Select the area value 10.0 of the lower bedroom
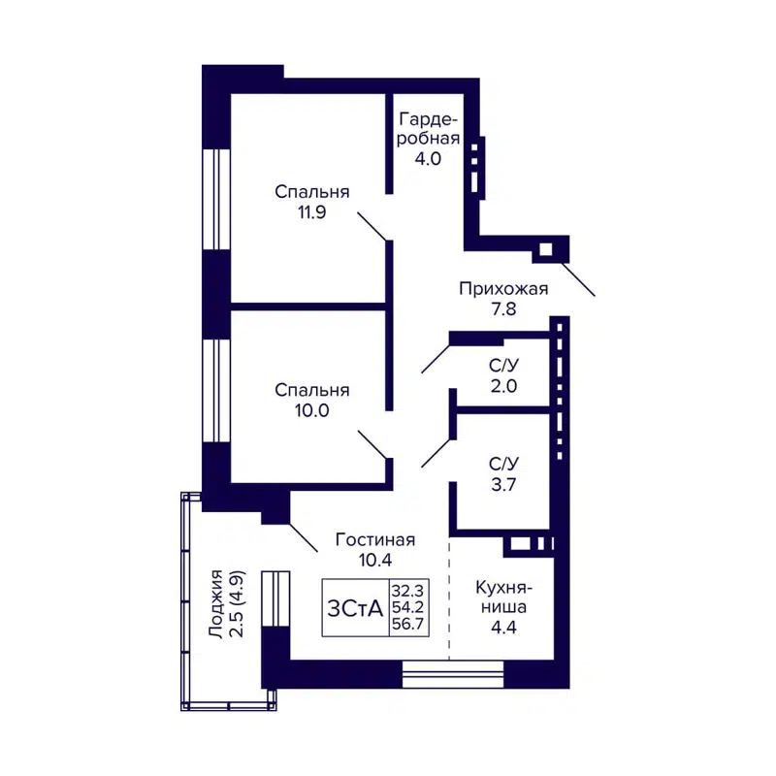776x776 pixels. (x=311, y=410)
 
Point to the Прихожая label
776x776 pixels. (x=503, y=288)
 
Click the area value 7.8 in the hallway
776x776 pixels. (x=503, y=310)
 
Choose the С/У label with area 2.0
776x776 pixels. (x=503, y=366)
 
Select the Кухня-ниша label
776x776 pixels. (x=501, y=598)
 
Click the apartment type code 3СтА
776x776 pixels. (x=355, y=607)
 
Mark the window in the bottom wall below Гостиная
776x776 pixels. (x=453, y=673)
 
